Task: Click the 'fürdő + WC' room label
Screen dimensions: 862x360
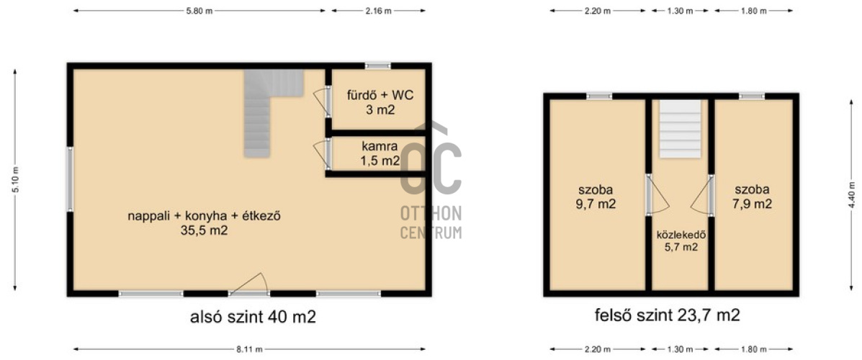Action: [x=380, y=94]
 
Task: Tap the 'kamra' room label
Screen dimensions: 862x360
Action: [x=380, y=147]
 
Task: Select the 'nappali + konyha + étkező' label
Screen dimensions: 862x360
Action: [x=205, y=216]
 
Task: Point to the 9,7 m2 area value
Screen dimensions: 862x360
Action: [x=596, y=204]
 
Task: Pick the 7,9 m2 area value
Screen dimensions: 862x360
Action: [x=753, y=204]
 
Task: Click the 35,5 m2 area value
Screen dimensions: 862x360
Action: [x=204, y=231]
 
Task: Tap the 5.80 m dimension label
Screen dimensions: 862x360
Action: [x=199, y=11]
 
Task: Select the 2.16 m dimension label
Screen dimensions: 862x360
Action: [x=379, y=11]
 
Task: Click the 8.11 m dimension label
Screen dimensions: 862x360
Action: [x=249, y=349]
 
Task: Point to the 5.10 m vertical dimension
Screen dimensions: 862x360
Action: [x=15, y=180]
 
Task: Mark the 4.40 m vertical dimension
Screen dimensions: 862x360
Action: [x=852, y=194]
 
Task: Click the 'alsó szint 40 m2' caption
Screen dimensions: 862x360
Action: [x=253, y=317]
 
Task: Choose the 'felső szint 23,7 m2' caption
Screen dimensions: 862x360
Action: [x=667, y=315]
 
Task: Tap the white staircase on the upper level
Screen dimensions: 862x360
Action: [x=681, y=129]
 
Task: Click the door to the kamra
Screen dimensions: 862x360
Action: [x=323, y=154]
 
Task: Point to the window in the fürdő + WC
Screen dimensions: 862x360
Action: [x=378, y=66]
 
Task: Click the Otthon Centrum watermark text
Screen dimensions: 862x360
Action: [x=431, y=222]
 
